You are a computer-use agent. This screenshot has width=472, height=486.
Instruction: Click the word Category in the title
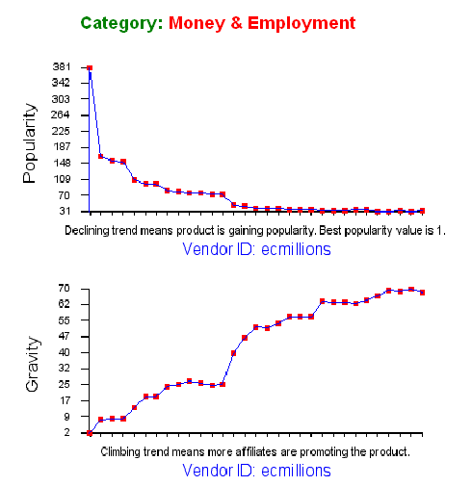click(121, 24)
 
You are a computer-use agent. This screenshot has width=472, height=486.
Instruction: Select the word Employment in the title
click(302, 23)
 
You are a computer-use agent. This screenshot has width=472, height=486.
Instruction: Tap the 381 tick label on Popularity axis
click(61, 66)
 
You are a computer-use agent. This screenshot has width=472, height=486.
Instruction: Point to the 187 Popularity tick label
click(61, 146)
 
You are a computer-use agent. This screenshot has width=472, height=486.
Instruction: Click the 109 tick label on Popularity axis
click(62, 179)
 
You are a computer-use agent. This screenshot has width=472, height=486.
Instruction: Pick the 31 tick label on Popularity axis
click(65, 211)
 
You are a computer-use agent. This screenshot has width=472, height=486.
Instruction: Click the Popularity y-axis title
click(30, 143)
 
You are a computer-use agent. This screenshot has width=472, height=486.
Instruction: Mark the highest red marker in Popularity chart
click(90, 68)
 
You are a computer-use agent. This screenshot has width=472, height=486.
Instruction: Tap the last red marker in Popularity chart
click(422, 211)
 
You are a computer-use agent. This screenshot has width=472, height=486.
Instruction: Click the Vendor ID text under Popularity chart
click(256, 249)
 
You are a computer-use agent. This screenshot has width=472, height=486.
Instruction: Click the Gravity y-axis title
click(32, 364)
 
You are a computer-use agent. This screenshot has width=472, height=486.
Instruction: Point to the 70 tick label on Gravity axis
click(65, 288)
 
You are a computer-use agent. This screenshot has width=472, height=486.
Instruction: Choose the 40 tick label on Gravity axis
click(65, 352)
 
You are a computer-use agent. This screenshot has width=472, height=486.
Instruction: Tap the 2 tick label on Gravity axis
click(66, 432)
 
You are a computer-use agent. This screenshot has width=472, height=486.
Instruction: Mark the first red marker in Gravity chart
click(90, 433)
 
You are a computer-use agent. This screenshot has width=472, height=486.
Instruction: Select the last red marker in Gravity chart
click(422, 293)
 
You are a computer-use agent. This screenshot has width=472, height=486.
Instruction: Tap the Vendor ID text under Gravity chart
click(256, 471)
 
